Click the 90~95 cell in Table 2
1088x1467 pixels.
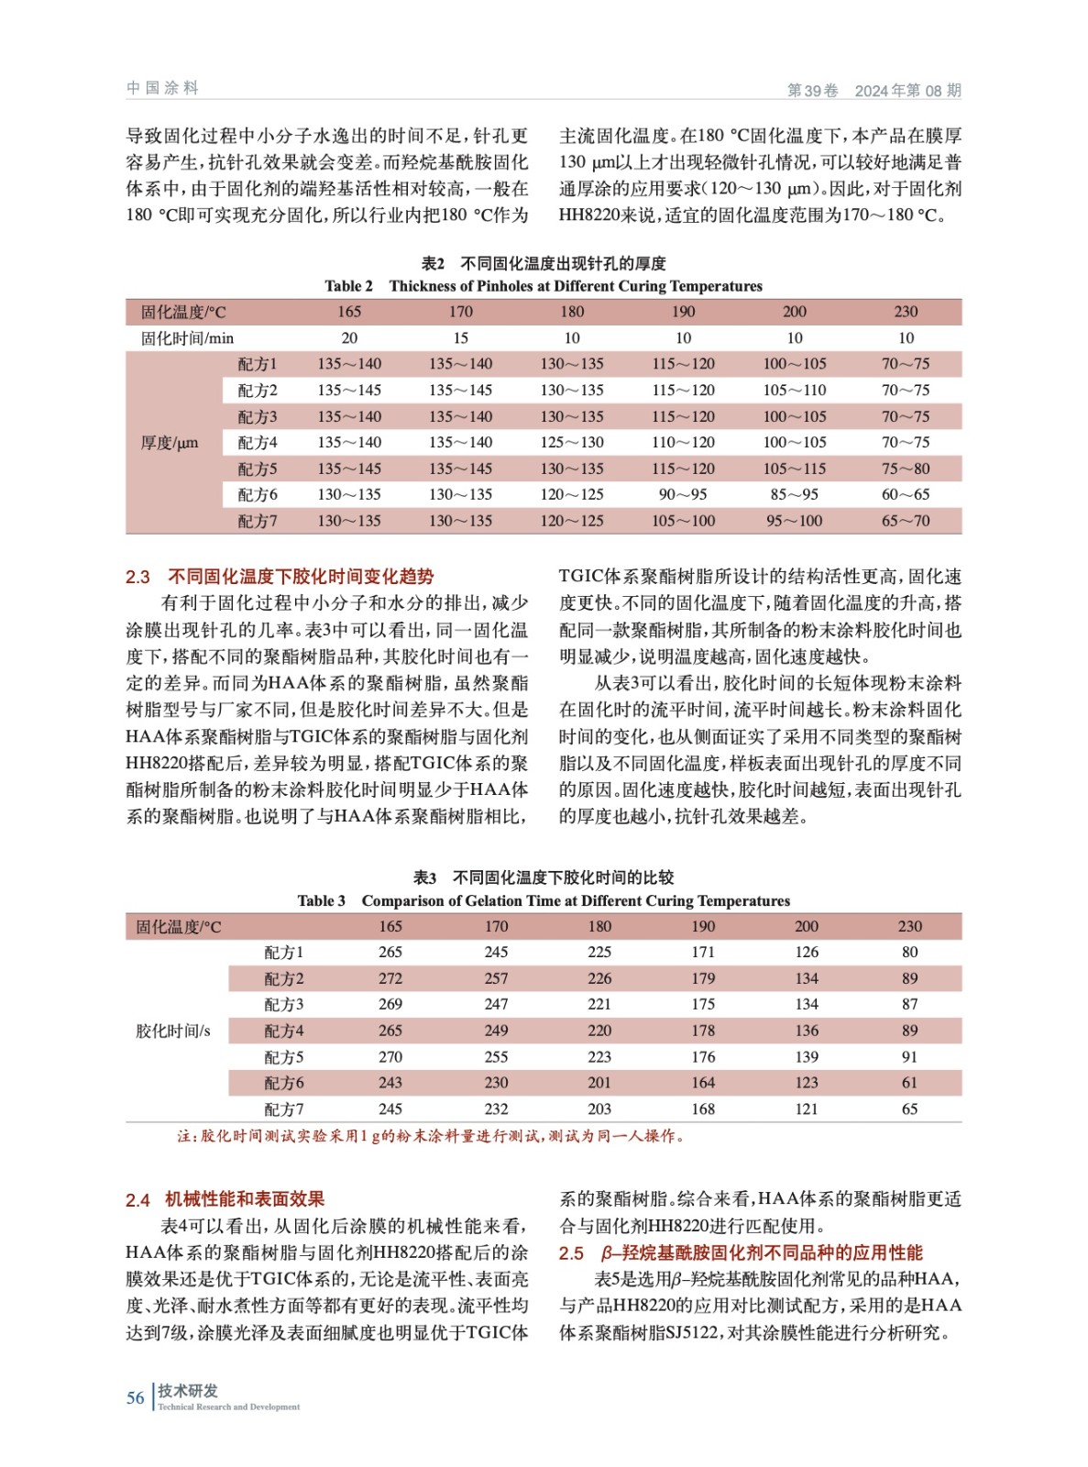coord(683,494)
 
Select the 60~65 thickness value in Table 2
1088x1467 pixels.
coord(906,494)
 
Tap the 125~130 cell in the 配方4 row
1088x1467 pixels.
coord(572,442)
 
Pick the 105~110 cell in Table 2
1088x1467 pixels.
coord(795,390)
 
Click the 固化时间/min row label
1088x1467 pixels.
coord(187,338)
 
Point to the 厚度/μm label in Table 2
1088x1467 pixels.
coord(170,443)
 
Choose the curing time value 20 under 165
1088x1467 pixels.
coord(349,338)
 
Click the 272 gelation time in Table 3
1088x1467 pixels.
coord(390,978)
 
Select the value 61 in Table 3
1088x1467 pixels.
coord(909,1083)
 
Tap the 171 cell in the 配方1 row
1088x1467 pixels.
coord(703,953)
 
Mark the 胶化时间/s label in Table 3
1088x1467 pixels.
coord(173,1031)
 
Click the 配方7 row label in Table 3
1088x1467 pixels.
coord(284,1109)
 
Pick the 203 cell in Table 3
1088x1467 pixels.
coord(599,1109)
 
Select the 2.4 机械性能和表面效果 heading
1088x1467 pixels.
coord(225,1199)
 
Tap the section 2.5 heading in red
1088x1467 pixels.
coord(741,1252)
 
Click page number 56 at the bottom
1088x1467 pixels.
coord(136,1397)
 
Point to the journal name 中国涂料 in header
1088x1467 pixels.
coord(162,88)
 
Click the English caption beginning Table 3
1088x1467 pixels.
coord(544,900)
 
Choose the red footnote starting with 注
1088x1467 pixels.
coord(431,1136)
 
